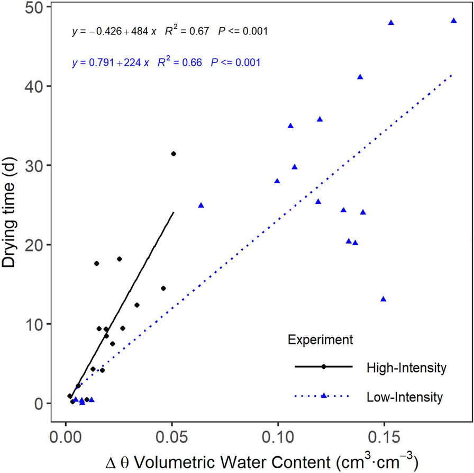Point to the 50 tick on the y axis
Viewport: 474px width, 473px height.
pyautogui.click(x=37, y=7)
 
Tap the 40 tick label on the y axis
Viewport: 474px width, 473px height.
pyautogui.click(x=37, y=86)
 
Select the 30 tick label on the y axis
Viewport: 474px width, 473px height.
pyautogui.click(x=37, y=166)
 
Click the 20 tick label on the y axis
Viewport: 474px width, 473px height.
pyautogui.click(x=37, y=245)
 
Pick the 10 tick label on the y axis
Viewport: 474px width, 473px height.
pyautogui.click(x=37, y=324)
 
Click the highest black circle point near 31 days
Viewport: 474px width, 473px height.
pyautogui.click(x=173, y=154)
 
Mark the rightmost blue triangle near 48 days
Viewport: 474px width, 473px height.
pyautogui.click(x=453, y=21)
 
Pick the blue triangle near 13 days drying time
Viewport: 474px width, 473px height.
pyautogui.click(x=383, y=299)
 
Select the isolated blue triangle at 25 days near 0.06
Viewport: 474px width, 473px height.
pyautogui.click(x=200, y=205)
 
